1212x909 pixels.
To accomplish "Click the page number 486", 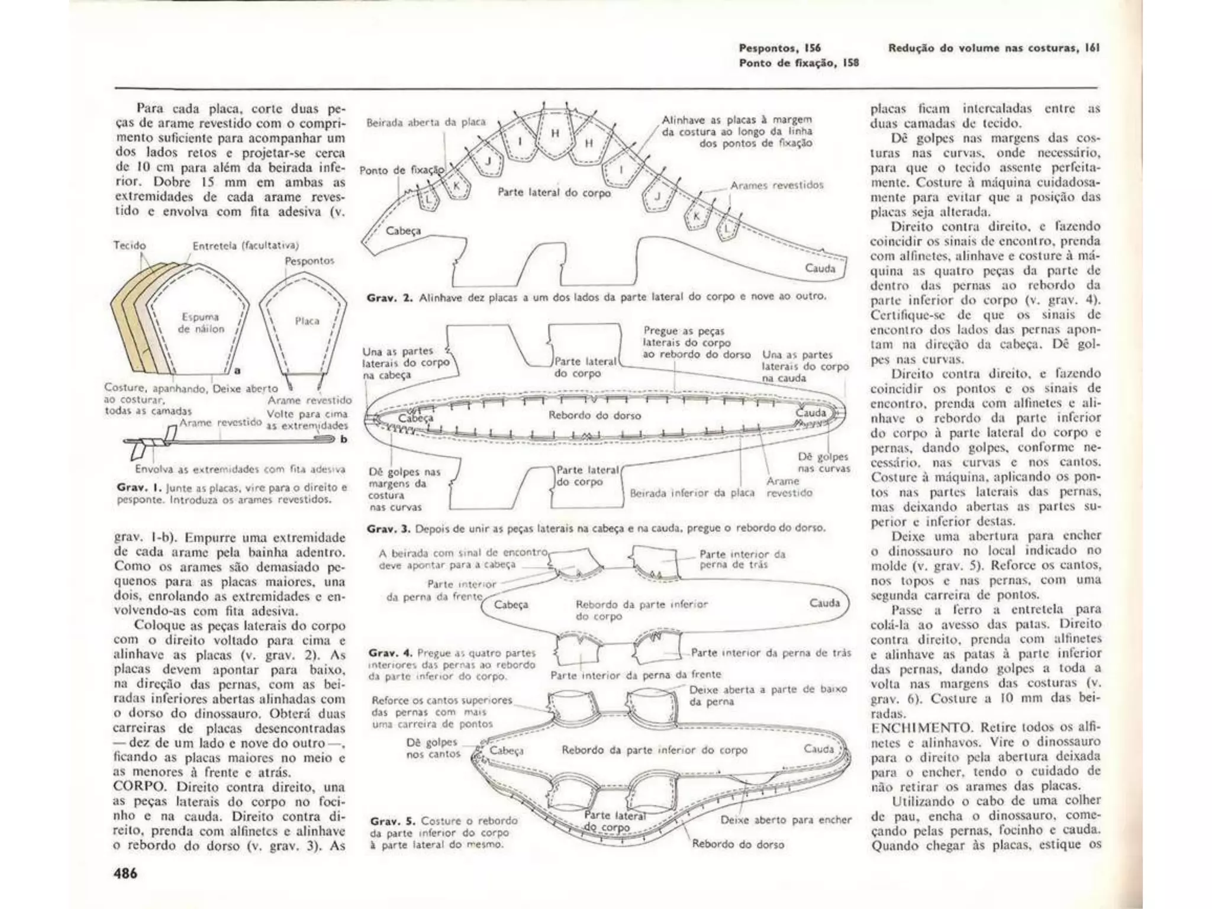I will click(125, 873).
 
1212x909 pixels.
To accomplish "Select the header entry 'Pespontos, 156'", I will click(779, 49).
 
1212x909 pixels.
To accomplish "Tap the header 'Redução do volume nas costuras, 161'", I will click(994, 49).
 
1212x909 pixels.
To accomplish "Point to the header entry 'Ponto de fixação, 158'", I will click(798, 63).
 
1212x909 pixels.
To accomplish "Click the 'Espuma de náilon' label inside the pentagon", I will click(201, 323).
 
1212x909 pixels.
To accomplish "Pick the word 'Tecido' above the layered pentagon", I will click(130, 246).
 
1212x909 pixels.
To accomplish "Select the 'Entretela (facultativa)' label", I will click(246, 246).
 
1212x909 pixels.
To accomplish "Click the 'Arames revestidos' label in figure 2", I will click(776, 185).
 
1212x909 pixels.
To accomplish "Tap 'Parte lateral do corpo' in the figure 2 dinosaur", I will click(554, 192).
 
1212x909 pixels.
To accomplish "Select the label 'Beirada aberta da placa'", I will click(426, 123).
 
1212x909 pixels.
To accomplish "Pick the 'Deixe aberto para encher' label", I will click(786, 820).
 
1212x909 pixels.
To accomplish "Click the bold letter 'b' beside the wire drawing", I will click(343, 439).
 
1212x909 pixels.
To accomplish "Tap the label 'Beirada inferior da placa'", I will click(692, 493).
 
